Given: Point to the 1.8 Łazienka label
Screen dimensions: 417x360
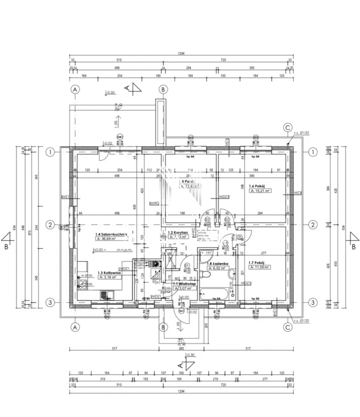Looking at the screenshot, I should pyautogui.click(x=218, y=264).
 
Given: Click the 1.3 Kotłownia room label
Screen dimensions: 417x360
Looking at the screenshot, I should pyautogui.click(x=110, y=272).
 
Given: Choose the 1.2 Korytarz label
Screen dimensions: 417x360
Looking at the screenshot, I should pyautogui.click(x=178, y=232).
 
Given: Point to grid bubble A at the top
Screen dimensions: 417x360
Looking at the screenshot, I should pyautogui.click(x=75, y=89).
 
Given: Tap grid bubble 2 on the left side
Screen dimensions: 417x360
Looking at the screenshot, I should pyautogui.click(x=50, y=225).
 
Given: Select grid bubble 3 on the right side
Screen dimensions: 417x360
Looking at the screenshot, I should pyautogui.click(x=313, y=303).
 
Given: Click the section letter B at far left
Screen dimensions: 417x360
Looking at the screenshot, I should pyautogui.click(x=6, y=245).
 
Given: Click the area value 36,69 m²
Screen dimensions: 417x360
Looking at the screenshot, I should pyautogui.click(x=112, y=239).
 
